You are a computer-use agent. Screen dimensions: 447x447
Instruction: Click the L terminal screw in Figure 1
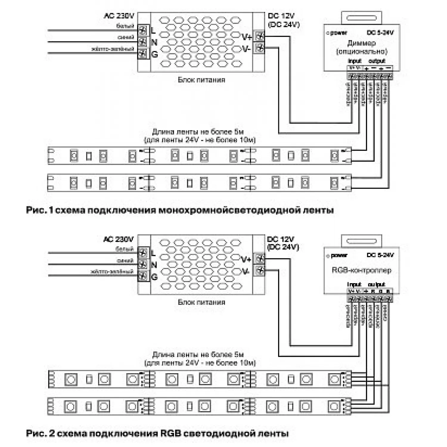point(143,30)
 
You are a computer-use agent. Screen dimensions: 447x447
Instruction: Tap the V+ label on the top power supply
point(247,37)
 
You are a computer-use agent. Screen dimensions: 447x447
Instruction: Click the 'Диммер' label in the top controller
point(361,43)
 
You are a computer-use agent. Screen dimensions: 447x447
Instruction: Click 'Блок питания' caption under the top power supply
point(201,80)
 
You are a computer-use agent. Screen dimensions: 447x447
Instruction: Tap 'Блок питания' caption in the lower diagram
point(201,302)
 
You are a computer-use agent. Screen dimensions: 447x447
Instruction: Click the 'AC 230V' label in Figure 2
point(118,239)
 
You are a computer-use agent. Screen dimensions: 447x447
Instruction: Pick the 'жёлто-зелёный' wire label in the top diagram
point(113,49)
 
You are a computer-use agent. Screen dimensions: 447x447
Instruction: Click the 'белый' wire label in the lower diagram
point(125,249)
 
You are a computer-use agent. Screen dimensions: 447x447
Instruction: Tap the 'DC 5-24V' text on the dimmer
point(380,32)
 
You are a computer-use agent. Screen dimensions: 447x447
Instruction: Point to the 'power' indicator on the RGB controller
point(339,255)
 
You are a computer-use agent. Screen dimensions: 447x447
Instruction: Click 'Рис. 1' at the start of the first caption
point(39,210)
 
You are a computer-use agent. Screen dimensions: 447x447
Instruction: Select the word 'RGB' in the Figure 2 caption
point(170,433)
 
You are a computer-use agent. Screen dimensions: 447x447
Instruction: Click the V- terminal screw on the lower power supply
point(260,270)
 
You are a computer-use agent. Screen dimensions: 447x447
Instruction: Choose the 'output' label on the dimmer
point(377,61)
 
